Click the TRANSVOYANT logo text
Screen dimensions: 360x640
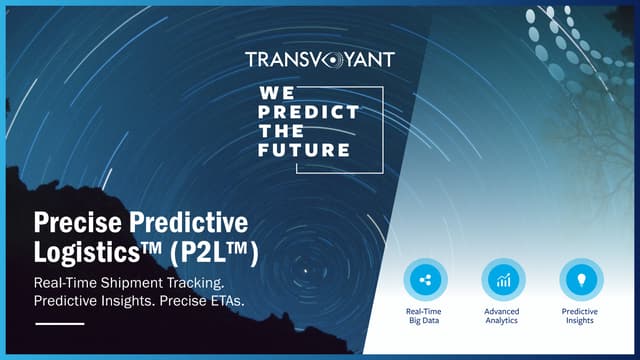tap(319, 60)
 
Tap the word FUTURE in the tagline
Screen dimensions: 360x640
tap(305, 149)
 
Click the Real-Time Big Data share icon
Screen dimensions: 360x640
tap(425, 280)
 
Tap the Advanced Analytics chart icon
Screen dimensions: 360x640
tap(503, 280)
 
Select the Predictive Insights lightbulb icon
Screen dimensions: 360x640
tap(581, 280)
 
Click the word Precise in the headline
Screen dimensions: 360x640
tap(81, 222)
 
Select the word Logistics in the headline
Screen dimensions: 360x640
tap(90, 251)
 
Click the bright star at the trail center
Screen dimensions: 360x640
tap(306, 269)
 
